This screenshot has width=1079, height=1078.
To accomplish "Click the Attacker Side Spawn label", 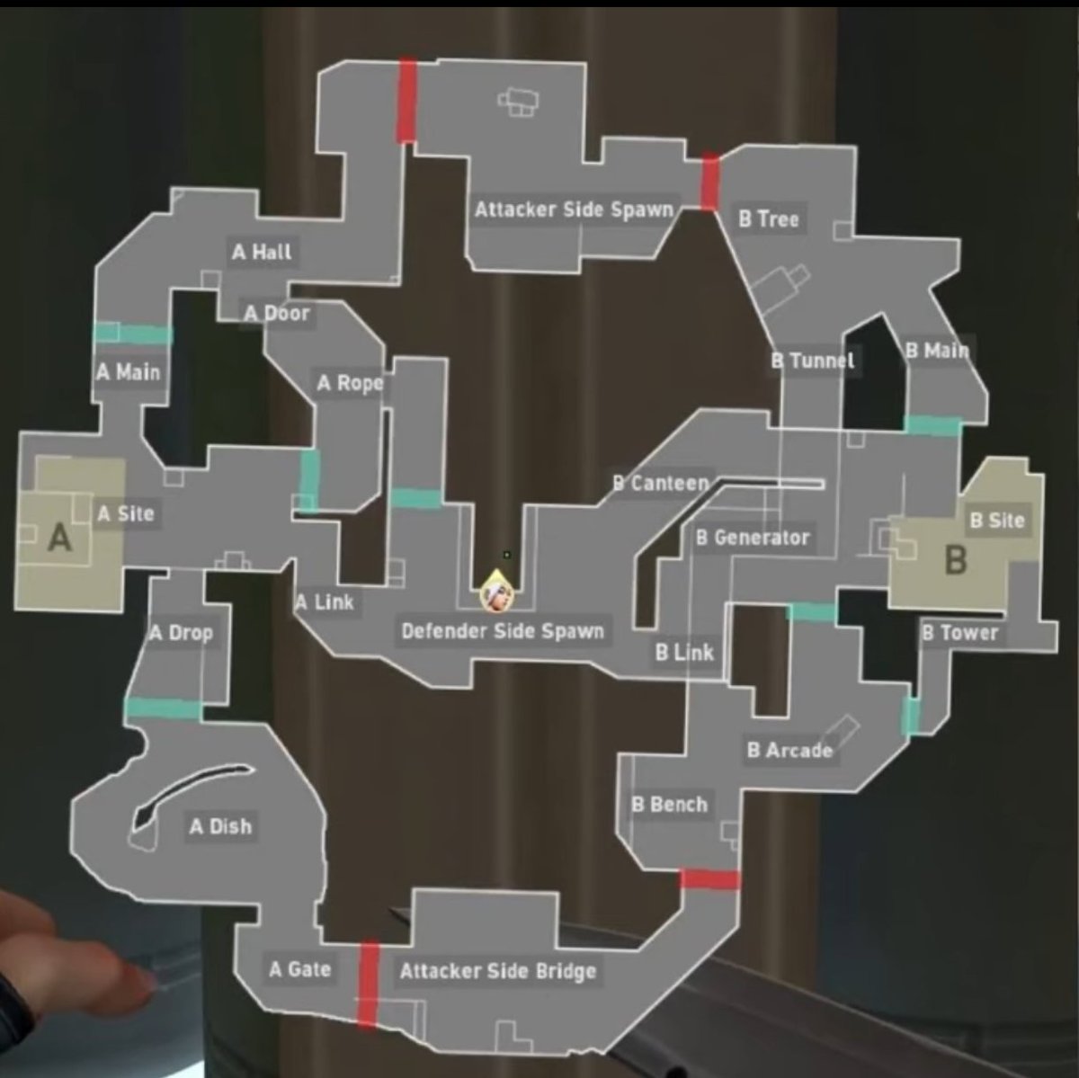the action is click(574, 210).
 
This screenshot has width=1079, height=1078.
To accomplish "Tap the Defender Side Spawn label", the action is click(502, 631).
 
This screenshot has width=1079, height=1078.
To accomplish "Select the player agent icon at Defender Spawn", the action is click(493, 594).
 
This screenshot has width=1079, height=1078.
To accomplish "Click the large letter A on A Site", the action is click(59, 538).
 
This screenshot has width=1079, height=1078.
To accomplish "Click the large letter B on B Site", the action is click(956, 560).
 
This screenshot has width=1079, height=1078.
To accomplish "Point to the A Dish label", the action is click(220, 826).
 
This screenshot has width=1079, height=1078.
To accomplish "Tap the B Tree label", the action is click(769, 218).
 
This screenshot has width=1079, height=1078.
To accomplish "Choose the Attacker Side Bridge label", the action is click(497, 971).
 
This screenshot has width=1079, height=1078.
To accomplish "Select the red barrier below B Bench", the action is click(709, 878).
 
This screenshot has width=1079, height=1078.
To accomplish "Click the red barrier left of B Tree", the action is click(710, 183).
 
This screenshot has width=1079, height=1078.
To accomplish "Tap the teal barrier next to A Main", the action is click(132, 334).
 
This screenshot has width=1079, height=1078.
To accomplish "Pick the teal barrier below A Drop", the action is click(163, 708).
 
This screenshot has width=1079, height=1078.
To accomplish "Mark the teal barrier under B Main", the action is click(932, 425).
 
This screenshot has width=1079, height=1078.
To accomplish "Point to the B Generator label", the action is click(753, 538).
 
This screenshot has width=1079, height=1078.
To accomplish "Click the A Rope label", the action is click(350, 384).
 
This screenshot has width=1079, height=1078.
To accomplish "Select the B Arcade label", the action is click(789, 750).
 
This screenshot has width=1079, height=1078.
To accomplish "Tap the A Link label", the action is click(325, 601).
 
